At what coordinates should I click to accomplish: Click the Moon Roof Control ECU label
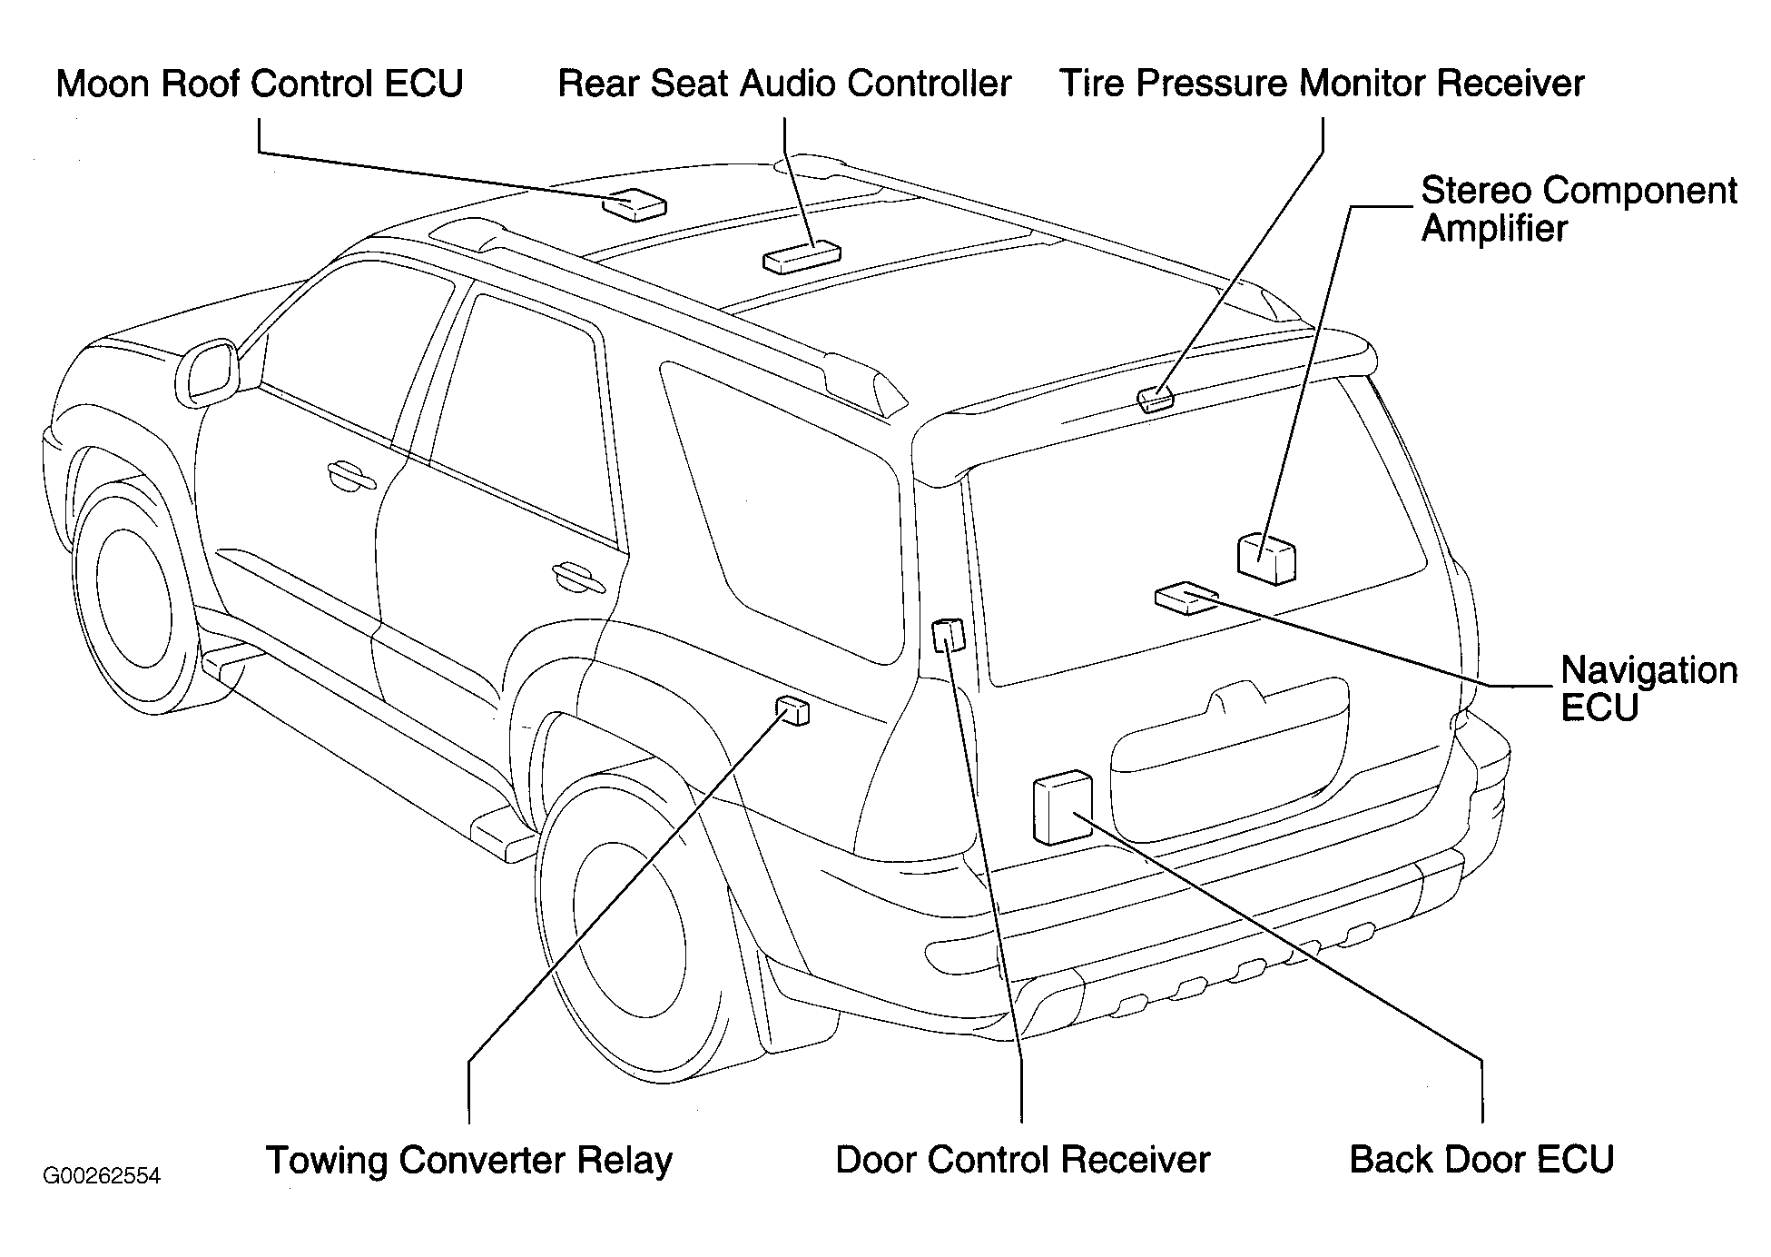(260, 84)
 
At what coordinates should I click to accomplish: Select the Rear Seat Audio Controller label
(784, 84)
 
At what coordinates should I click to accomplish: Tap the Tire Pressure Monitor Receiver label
(1323, 84)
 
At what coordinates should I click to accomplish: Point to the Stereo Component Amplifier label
(1579, 209)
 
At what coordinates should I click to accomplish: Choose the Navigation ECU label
(1648, 688)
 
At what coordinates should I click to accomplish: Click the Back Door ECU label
(1481, 1160)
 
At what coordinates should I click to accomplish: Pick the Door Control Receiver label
(1022, 1160)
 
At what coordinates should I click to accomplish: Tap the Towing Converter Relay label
(468, 1160)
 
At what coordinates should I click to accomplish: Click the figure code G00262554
(102, 1176)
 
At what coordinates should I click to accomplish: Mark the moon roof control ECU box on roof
(633, 204)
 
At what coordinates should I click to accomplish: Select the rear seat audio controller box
(801, 256)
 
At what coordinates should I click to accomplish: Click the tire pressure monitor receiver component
(1156, 398)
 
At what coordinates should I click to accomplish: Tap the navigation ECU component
(1186, 598)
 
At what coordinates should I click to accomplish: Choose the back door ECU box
(1062, 807)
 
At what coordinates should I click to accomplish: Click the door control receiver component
(948, 634)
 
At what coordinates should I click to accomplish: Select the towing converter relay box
(792, 710)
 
